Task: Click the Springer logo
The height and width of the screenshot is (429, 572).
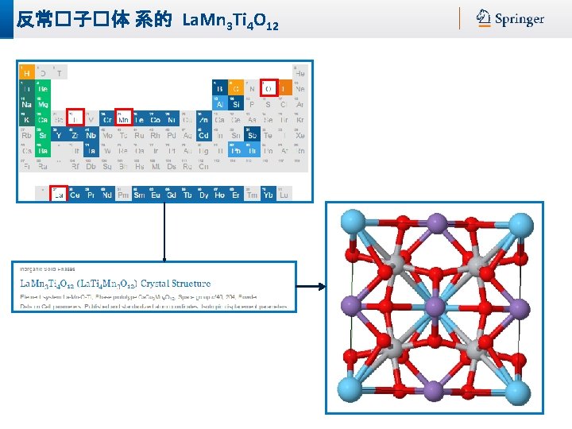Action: coord(510,18)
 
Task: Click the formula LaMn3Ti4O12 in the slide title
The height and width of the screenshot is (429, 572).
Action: coord(230,19)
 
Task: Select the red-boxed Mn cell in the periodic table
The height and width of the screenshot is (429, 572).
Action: coord(124,118)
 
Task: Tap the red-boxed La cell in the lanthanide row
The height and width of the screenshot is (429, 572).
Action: coord(58,194)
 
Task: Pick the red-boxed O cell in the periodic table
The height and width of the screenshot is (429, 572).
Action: coord(269,88)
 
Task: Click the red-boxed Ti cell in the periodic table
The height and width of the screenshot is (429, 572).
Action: coord(75,118)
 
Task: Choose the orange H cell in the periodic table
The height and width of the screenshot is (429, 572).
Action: coord(26,73)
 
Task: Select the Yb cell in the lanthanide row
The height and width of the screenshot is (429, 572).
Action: coord(268,194)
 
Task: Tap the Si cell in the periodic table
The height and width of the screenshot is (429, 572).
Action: coord(236,103)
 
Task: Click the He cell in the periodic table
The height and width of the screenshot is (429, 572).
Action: coord(300,73)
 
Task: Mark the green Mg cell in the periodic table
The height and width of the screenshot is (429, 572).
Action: coord(42,103)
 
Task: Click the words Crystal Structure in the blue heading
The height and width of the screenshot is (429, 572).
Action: coord(176,282)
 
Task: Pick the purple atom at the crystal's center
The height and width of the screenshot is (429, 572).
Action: coord(435,306)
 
